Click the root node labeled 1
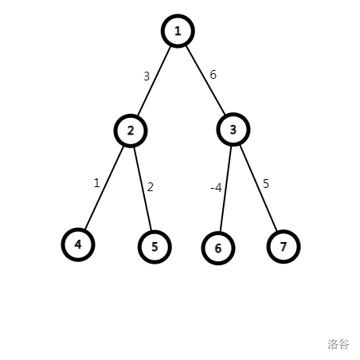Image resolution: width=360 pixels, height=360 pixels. click(x=178, y=31)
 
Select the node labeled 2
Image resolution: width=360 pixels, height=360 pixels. click(x=131, y=131)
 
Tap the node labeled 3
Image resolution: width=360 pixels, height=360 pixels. click(x=233, y=130)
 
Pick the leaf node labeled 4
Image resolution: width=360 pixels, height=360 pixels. click(x=78, y=245)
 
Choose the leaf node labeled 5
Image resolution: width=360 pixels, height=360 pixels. click(x=155, y=247)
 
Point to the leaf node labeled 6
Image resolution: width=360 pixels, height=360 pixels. click(x=218, y=248)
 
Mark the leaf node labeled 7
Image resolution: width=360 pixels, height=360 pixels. click(x=284, y=247)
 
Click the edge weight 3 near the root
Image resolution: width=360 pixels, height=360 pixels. click(x=147, y=76)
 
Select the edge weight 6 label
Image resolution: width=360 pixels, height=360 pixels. click(x=213, y=75)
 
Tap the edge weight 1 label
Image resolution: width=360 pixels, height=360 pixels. click(x=97, y=183)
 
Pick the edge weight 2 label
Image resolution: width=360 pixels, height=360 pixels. click(x=151, y=187)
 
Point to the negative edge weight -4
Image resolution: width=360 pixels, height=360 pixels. click(x=216, y=188)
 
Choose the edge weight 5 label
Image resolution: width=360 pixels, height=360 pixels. click(x=266, y=184)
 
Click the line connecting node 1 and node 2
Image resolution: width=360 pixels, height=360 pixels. click(x=154, y=81)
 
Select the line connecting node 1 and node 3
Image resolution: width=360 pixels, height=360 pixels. click(x=205, y=80)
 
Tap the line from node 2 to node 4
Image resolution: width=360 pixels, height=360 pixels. click(x=104, y=188)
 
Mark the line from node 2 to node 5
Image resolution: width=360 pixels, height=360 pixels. click(x=143, y=189)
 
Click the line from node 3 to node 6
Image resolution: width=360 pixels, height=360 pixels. click(x=225, y=189)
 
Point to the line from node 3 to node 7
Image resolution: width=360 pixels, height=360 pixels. click(x=259, y=188)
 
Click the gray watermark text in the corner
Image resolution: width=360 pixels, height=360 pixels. click(x=338, y=344)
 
